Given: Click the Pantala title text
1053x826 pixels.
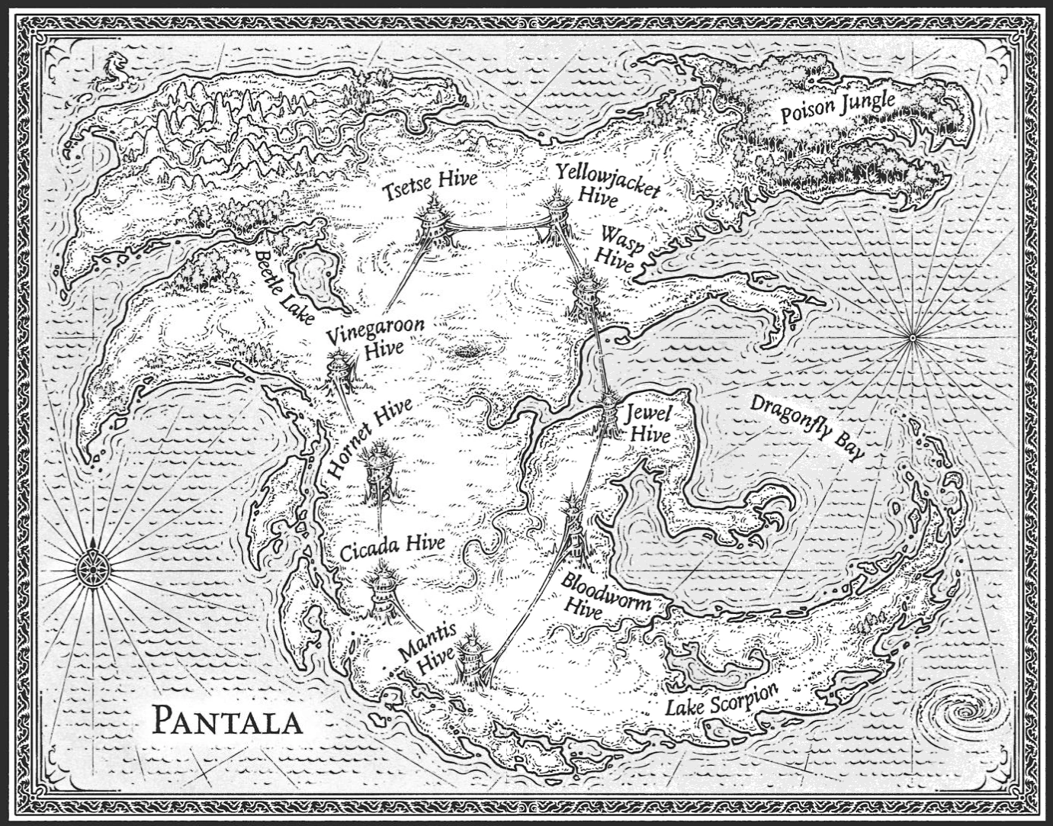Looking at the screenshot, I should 226,719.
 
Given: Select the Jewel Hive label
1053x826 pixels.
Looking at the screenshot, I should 647,424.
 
